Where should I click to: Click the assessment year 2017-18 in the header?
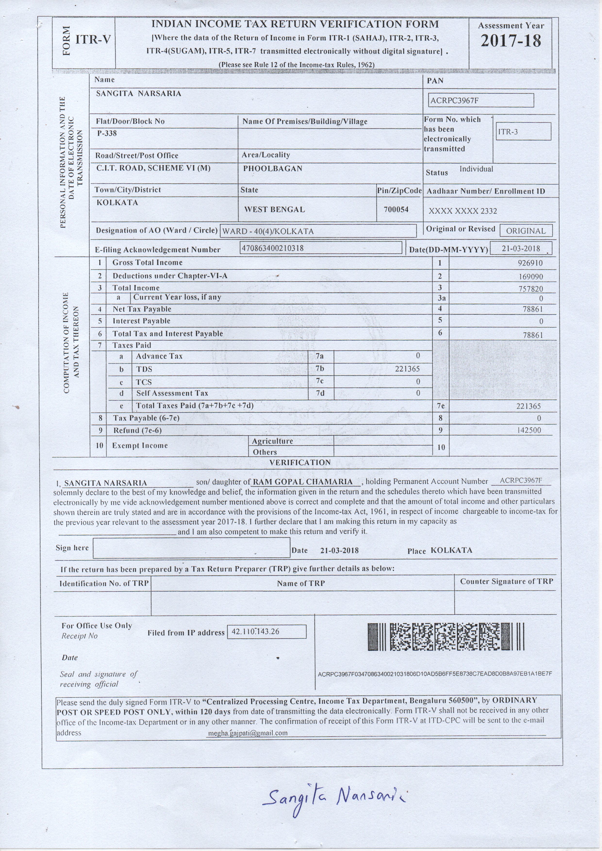point(511,41)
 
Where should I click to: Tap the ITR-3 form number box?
point(523,132)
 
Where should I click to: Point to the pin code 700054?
point(396,209)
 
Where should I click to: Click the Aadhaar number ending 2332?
point(462,211)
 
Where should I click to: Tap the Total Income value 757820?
point(530,289)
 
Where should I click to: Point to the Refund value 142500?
point(529,430)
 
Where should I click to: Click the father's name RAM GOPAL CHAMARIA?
point(303,482)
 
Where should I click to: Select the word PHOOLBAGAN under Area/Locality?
point(273,169)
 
